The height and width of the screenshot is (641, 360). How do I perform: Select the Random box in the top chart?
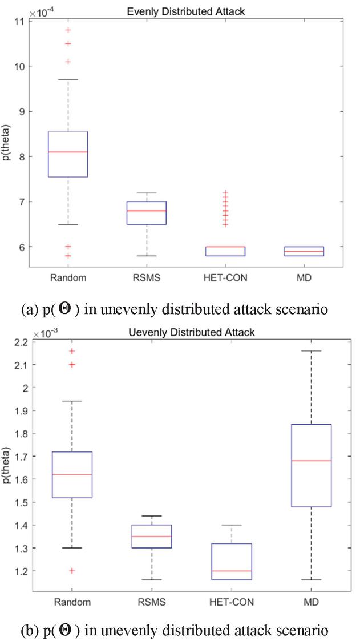tap(68, 154)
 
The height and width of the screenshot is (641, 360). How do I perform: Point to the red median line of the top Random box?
tap(68, 152)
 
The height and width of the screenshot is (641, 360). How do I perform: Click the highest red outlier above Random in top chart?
tap(68, 30)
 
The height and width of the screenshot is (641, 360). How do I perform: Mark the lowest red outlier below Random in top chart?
tap(68, 256)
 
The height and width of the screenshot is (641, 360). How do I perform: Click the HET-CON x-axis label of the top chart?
tap(232, 278)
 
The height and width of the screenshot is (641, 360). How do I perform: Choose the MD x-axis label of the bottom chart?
tap(312, 602)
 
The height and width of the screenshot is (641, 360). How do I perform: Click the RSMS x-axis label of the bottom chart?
tap(151, 602)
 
